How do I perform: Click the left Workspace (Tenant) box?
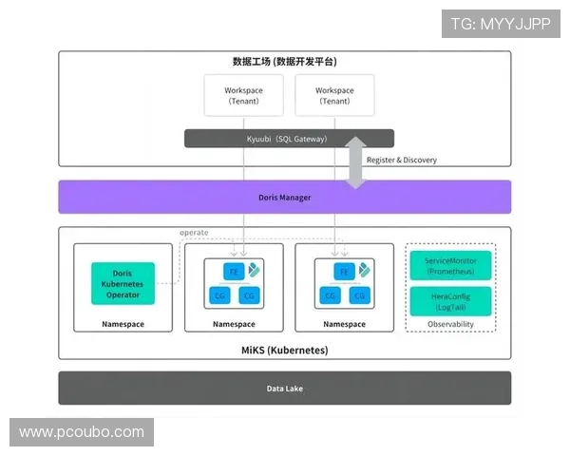243,96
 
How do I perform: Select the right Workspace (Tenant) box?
334,96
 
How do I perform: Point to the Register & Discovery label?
402,160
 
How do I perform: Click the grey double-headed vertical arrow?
355,161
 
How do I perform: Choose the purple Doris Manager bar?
285,198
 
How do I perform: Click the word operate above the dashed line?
194,233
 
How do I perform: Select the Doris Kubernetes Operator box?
123,283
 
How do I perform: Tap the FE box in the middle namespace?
233,271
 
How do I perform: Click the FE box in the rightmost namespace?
344,271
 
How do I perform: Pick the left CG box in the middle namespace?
219,295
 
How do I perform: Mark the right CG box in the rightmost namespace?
359,295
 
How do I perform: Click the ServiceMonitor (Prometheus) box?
450,265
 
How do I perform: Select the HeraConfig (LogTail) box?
450,301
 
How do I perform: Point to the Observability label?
450,324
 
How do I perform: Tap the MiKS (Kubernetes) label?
285,350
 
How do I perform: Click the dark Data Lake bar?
285,389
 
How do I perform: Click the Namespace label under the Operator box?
123,324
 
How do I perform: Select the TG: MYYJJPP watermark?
501,24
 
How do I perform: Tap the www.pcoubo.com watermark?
82,432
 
